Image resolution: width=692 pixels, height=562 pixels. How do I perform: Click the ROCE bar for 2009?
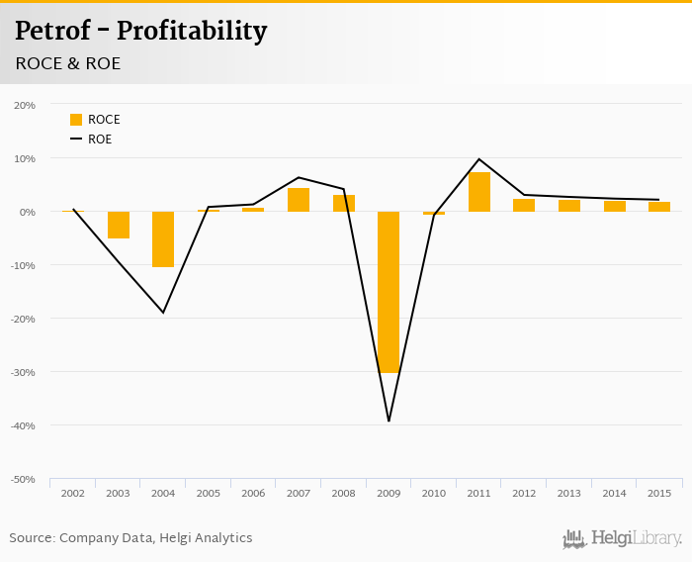point(389,292)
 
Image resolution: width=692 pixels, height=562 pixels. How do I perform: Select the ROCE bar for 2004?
point(163,239)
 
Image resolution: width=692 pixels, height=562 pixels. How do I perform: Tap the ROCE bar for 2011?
point(479,192)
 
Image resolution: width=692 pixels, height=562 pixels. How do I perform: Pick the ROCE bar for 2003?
point(119,225)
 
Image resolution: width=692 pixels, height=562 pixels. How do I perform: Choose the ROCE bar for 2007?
point(299,200)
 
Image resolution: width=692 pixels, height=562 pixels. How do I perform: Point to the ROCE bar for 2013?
point(569,206)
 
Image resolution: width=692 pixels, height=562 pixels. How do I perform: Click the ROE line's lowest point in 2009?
point(389,421)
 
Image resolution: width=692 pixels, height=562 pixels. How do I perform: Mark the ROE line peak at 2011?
point(479,159)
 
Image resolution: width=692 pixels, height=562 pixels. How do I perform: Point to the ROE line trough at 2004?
point(163,313)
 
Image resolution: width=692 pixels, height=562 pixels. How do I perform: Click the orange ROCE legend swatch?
point(76,120)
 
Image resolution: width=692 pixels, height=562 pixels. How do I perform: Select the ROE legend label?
point(100,140)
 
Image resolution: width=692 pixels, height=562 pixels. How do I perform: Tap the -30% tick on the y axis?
point(24,372)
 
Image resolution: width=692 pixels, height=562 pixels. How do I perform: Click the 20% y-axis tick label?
point(25,105)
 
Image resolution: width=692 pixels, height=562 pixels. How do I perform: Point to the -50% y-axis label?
point(24,479)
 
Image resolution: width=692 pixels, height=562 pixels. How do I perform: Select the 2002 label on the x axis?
point(73,493)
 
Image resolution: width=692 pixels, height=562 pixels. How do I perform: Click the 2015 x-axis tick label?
point(659,493)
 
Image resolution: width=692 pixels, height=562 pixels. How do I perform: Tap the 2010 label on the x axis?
point(434,493)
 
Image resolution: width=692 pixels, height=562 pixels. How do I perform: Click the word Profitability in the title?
point(192,31)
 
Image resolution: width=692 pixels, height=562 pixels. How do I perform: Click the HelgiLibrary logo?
point(623,538)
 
